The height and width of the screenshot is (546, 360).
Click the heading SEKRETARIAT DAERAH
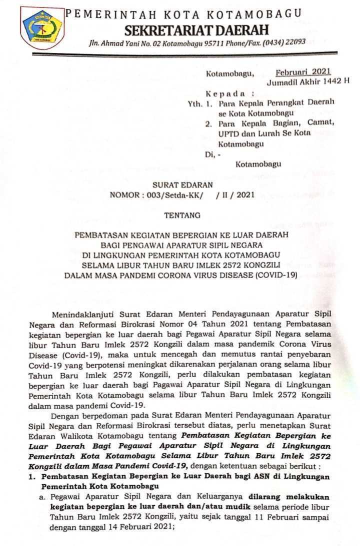pos(196,29)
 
